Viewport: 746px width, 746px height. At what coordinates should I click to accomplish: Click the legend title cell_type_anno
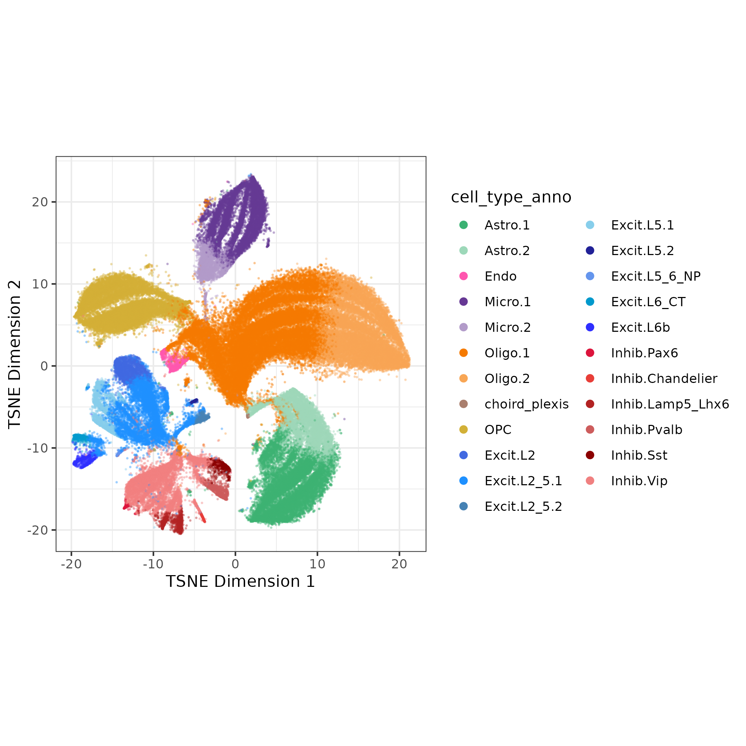[510, 197]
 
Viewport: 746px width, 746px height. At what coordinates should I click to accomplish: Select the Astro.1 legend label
[507, 225]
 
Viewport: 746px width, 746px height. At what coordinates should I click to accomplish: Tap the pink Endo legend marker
[463, 276]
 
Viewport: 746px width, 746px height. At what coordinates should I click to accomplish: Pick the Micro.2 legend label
[507, 328]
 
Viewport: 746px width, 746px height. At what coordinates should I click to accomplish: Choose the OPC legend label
[498, 430]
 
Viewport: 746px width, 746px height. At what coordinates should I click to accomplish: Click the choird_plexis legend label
[526, 404]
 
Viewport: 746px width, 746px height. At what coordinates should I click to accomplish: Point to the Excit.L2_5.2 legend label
[523, 507]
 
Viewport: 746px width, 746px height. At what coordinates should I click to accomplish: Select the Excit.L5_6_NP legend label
[655, 276]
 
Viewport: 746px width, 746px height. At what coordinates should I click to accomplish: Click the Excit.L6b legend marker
[590, 328]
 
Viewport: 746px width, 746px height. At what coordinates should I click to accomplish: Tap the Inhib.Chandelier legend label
[664, 379]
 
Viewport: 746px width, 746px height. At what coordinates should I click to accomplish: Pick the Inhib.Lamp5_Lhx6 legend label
[670, 404]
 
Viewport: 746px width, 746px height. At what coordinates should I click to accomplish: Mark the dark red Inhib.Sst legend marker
[590, 455]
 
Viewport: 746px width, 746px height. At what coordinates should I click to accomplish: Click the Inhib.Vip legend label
[639, 481]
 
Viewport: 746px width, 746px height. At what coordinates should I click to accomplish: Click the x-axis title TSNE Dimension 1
[240, 582]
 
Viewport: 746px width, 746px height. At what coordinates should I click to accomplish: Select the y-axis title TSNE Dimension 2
[15, 354]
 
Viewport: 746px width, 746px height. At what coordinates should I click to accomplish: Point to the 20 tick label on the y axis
[39, 202]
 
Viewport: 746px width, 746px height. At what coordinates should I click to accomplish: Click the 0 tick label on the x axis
[235, 564]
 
